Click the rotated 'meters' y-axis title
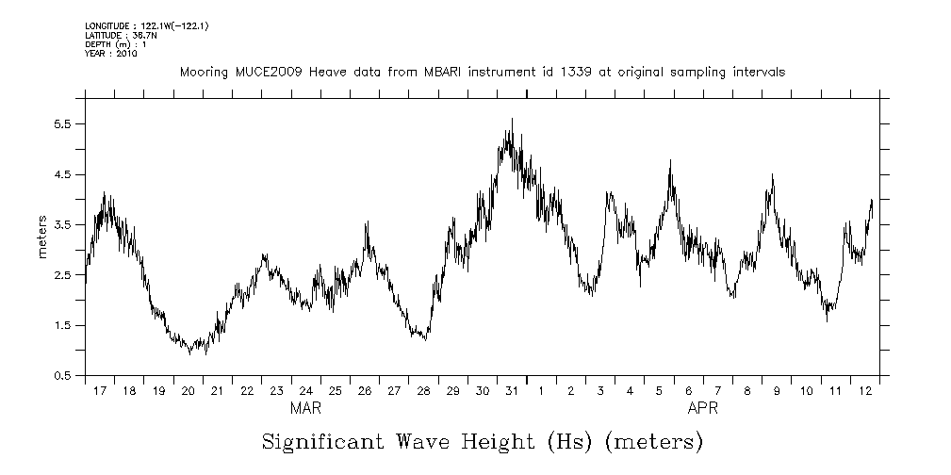tap(42, 237)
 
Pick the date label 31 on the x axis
tap(511, 391)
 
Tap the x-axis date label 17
tap(100, 391)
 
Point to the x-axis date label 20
tap(188, 391)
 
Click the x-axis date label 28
tap(423, 391)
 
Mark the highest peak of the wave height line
tap(512, 120)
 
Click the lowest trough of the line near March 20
tap(189, 353)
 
